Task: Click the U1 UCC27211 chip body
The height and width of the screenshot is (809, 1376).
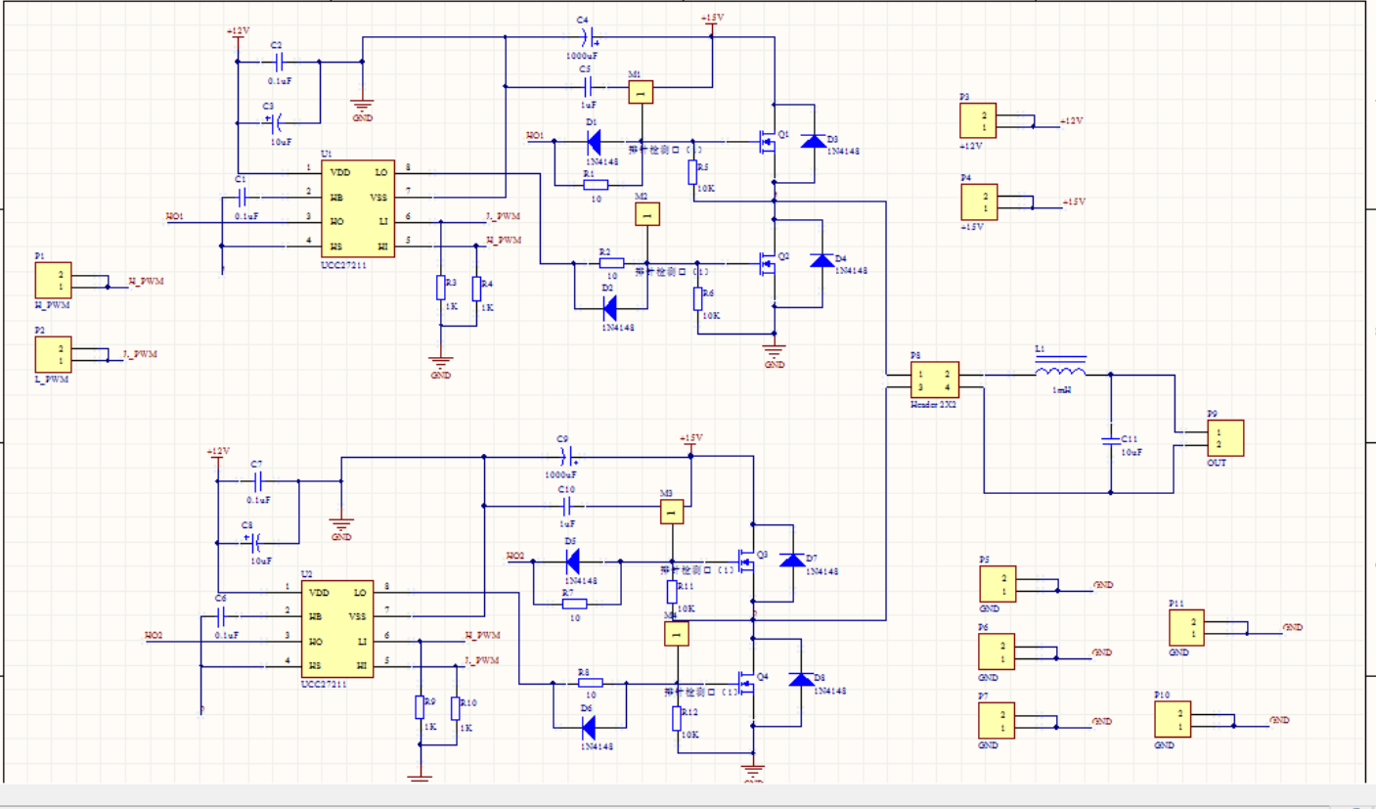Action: [358, 209]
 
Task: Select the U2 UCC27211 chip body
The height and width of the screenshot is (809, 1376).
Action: [337, 629]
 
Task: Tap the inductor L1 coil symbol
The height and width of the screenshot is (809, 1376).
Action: [1060, 372]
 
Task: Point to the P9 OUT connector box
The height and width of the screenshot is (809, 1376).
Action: [1225, 438]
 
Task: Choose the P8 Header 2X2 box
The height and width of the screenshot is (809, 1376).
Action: [934, 380]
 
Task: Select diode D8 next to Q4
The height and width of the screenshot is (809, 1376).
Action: [801, 680]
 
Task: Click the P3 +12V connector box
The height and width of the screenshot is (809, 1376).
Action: [978, 121]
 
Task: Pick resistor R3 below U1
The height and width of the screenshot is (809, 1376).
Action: [440, 288]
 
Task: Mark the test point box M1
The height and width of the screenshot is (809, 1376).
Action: [640, 93]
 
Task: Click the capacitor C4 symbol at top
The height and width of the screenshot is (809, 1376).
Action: [586, 38]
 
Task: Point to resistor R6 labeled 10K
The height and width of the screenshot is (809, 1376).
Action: [698, 298]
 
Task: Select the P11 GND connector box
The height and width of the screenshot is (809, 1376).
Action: [1186, 627]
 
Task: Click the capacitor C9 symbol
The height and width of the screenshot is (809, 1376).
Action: [564, 457]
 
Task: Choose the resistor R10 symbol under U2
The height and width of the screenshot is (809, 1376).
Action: [456, 708]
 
